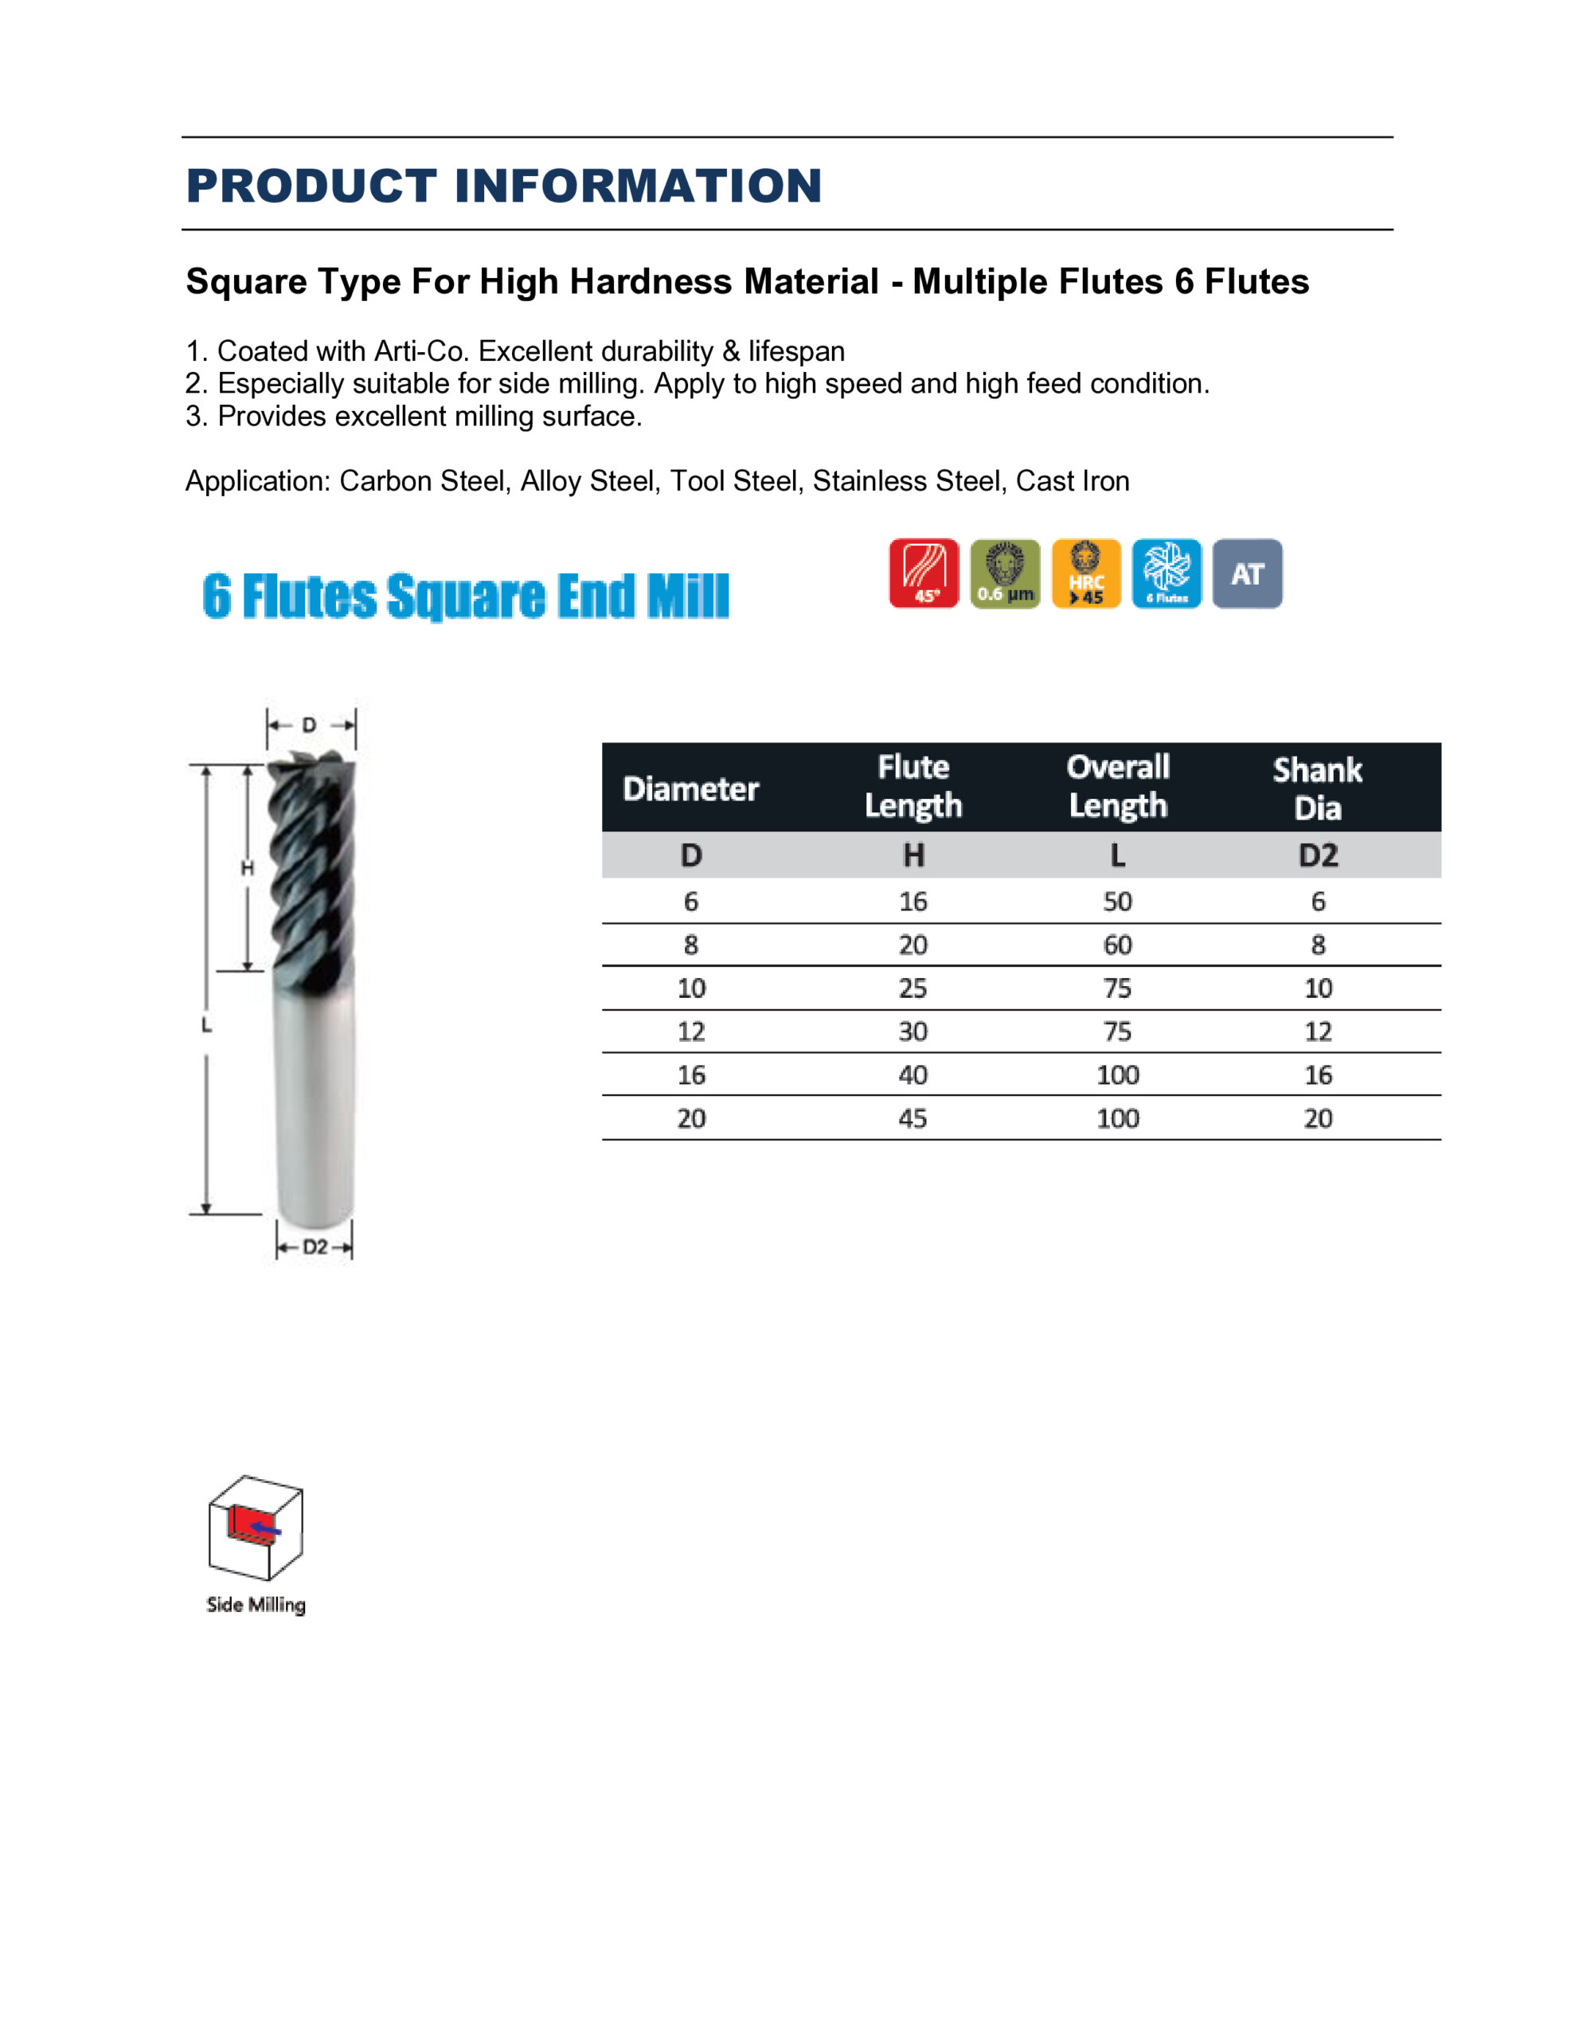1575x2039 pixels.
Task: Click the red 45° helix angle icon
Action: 924,573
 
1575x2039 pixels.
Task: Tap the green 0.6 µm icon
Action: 1005,573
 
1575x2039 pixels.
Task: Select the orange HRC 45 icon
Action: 1086,573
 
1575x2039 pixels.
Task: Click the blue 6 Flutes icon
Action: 1166,573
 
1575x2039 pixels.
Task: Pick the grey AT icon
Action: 1247,573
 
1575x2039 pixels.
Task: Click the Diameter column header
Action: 691,789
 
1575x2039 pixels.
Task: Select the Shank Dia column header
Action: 1317,789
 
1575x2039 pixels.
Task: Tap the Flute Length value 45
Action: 913,1118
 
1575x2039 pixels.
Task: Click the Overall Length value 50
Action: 1117,902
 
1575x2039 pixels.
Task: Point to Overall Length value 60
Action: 1117,945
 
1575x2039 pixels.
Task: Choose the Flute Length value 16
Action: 913,902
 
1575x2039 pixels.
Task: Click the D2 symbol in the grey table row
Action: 1317,855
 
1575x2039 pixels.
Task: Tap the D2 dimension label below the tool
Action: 315,1247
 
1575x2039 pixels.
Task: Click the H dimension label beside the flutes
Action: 248,868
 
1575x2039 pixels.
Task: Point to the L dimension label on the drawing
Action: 206,1025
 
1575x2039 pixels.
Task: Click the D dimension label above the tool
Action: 309,725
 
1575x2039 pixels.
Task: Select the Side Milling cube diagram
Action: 255,1528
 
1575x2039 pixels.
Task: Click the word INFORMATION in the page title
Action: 638,186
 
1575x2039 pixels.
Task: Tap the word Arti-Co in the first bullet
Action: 423,351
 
